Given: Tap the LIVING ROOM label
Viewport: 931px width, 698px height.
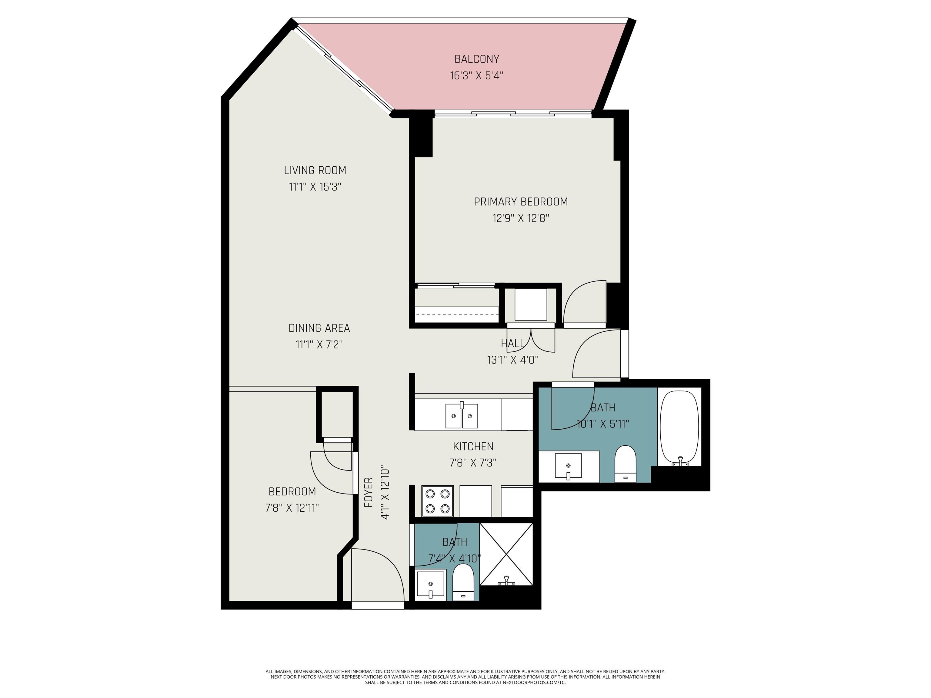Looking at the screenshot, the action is (315, 170).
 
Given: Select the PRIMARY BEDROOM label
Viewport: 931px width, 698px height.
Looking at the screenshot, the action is (521, 202).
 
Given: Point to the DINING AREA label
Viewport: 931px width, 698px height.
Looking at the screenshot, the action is (319, 328).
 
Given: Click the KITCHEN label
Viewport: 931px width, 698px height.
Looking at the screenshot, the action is (473, 447).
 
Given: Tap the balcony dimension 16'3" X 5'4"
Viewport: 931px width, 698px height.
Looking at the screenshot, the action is (476, 76).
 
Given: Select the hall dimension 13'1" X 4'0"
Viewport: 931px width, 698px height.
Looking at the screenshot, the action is (513, 360).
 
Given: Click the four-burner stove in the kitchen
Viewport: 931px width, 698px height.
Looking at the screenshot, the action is (437, 501).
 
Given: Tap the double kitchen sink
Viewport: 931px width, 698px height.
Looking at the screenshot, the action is (462, 416).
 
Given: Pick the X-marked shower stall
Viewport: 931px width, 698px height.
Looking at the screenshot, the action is (506, 554).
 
